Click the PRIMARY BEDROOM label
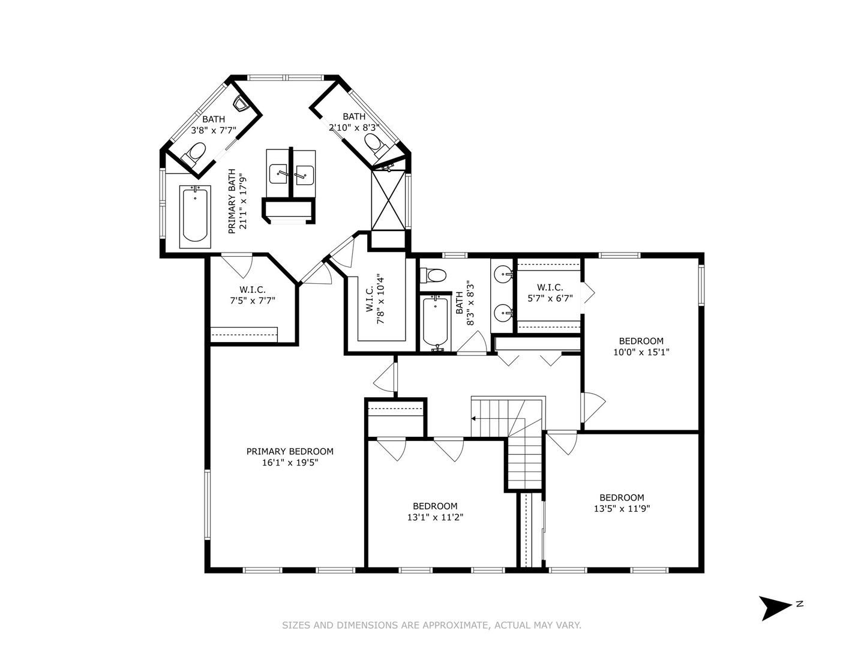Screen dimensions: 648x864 pos(290,451)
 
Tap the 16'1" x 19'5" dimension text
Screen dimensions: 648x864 pos(290,463)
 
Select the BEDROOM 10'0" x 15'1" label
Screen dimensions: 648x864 pos(641,347)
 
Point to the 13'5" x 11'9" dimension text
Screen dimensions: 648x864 pos(622,509)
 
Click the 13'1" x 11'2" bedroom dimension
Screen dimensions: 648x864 pos(435,517)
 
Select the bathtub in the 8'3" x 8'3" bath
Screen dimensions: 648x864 pos(436,322)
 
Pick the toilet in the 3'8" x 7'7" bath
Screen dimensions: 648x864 pos(196,152)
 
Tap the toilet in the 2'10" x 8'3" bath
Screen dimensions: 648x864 pos(375,144)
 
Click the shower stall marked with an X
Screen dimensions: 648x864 pos(388,199)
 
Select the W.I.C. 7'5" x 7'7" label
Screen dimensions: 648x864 pos(253,296)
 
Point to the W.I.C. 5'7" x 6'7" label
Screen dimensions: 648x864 pos(550,293)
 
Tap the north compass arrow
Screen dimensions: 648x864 pos(775,607)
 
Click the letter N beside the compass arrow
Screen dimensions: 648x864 pos(800,604)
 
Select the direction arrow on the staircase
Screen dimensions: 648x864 pos(475,418)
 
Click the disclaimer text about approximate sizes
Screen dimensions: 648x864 pos(431,625)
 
